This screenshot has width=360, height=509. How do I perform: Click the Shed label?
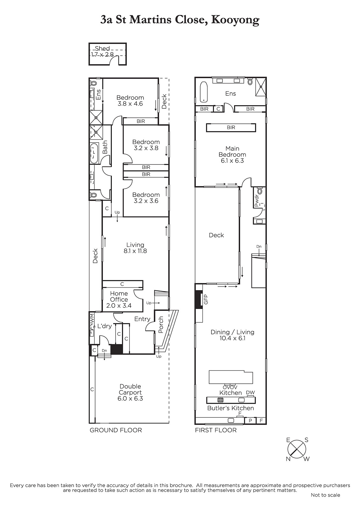click(102, 48)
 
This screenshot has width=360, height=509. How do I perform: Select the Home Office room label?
click(119, 296)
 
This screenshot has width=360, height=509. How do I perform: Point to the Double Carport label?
click(130, 389)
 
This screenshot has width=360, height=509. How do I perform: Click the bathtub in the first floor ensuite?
click(204, 92)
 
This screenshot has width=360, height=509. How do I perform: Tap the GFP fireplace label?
click(206, 299)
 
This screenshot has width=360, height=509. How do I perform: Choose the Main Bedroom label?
click(232, 151)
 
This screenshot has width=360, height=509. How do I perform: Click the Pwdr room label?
click(257, 201)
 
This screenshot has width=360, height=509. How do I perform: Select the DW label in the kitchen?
click(251, 392)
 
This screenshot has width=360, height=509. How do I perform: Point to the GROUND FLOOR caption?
click(116, 430)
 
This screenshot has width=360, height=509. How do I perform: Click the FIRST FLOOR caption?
click(216, 430)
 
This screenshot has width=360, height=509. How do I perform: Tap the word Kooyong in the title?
click(235, 20)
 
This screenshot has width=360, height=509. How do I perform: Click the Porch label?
click(161, 325)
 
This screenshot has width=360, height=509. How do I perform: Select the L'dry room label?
click(104, 326)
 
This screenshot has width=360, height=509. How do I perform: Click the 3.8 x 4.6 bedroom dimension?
click(130, 104)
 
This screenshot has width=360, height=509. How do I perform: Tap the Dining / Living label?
click(232, 332)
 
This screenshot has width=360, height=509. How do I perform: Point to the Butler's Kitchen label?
click(230, 408)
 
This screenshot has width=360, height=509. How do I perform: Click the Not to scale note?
click(325, 495)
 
